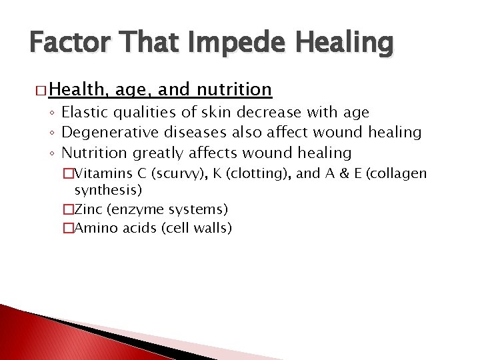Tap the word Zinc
(x=88, y=209)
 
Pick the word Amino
(x=94, y=229)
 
